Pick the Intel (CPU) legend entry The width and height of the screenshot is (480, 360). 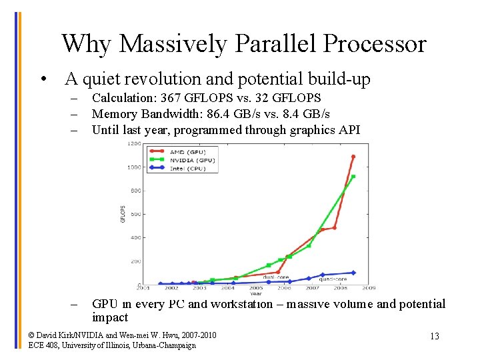186,168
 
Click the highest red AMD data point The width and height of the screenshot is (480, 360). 353,157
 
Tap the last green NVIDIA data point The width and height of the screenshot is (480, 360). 353,177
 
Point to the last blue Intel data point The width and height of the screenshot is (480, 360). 353,273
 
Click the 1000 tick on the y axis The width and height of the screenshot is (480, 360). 134,167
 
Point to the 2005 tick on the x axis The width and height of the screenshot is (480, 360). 257,288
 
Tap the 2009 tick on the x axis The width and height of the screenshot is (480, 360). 369,288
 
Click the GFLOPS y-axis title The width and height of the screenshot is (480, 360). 123,213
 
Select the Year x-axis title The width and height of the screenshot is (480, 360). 256,293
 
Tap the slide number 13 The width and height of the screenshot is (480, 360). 434,336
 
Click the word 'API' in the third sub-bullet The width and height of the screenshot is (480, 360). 349,130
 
